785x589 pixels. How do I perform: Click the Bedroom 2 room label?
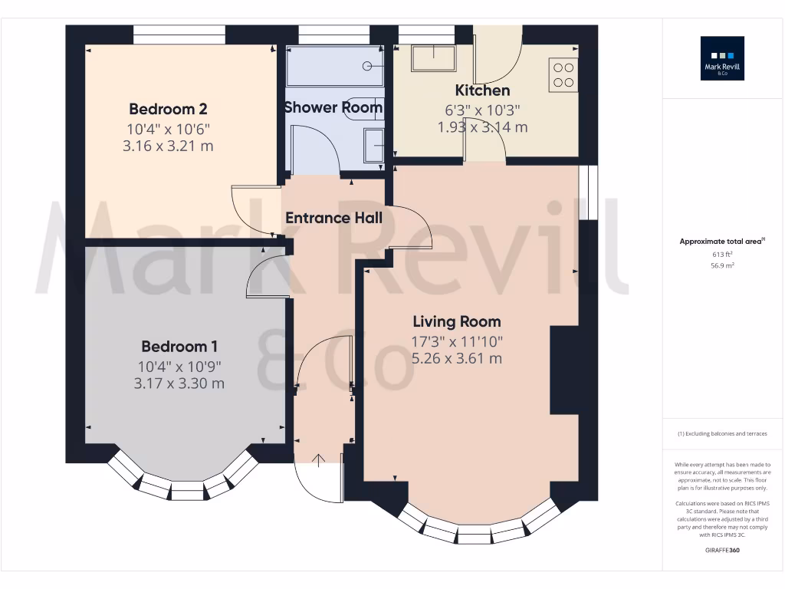[168, 109]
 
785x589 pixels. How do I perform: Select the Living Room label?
[457, 321]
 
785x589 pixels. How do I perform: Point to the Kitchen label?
[482, 90]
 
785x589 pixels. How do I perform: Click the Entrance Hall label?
[333, 218]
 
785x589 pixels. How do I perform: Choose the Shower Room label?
[333, 107]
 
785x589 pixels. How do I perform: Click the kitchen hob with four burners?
[563, 74]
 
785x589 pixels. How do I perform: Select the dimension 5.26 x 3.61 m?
[457, 358]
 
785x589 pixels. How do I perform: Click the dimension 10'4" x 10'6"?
[168, 129]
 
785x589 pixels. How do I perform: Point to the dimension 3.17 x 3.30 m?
[179, 383]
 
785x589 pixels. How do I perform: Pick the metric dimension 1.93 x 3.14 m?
[482, 127]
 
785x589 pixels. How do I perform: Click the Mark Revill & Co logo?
[722, 59]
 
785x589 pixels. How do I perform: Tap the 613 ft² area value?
[722, 254]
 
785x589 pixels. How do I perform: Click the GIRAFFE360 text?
[722, 550]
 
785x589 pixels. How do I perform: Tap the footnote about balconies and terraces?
[722, 434]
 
